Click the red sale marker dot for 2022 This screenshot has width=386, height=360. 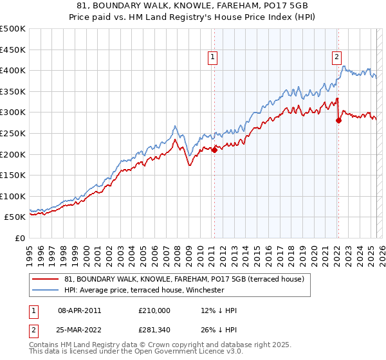(x=339, y=120)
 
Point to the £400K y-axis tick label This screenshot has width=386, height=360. (x=13, y=70)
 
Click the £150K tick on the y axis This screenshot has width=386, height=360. (x=13, y=175)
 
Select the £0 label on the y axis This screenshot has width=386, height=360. (x=19, y=238)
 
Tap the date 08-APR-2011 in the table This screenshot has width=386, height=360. (x=79, y=310)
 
